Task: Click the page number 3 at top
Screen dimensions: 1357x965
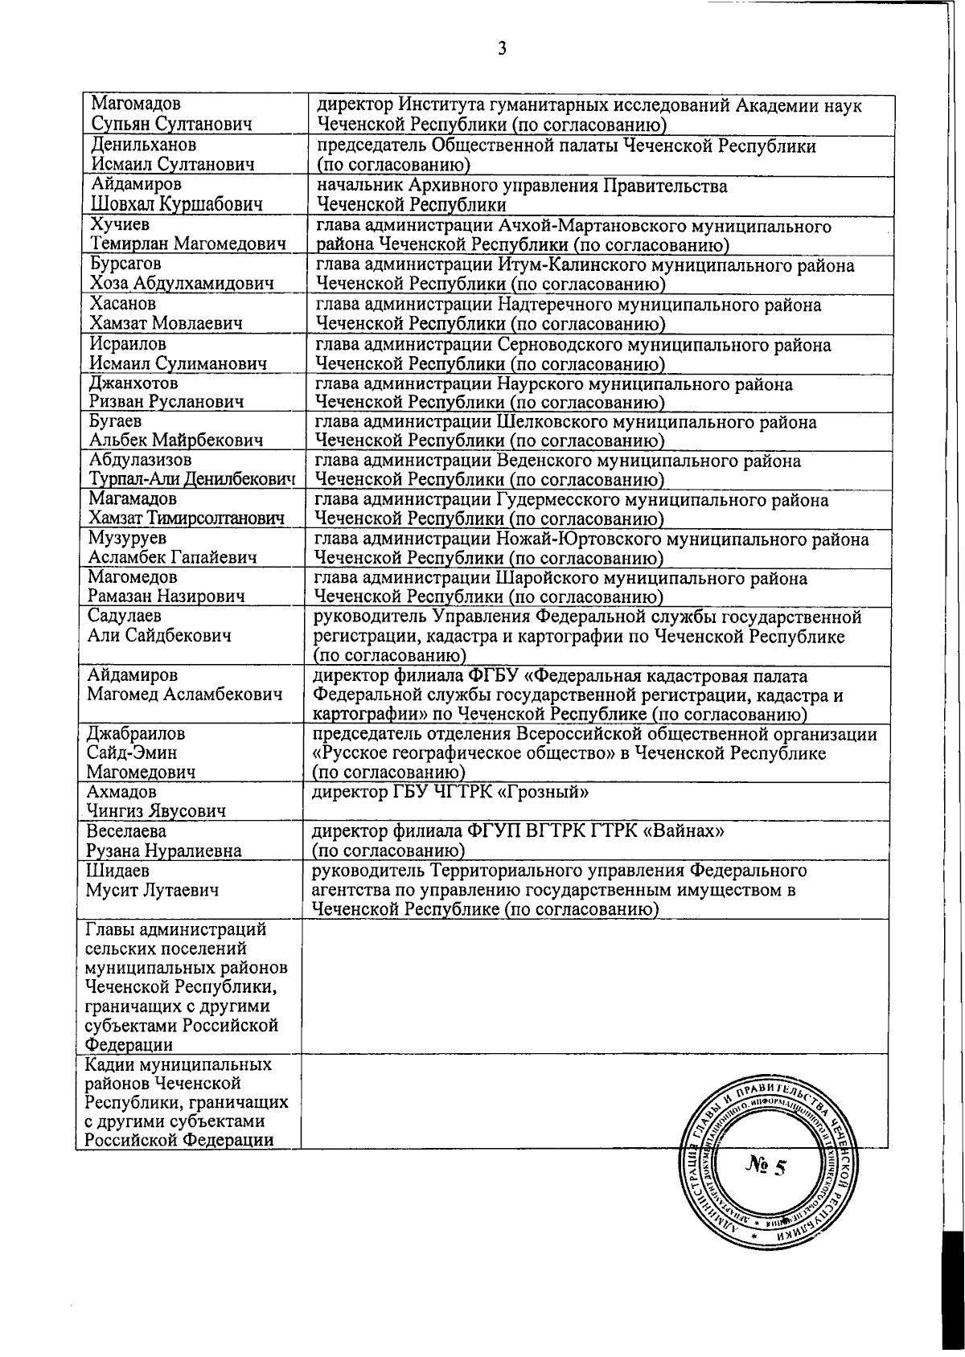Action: click(x=502, y=49)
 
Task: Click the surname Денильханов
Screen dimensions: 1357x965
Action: click(x=144, y=146)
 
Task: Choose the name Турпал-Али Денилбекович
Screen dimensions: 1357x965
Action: click(x=190, y=480)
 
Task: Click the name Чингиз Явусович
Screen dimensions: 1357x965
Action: click(x=157, y=811)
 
